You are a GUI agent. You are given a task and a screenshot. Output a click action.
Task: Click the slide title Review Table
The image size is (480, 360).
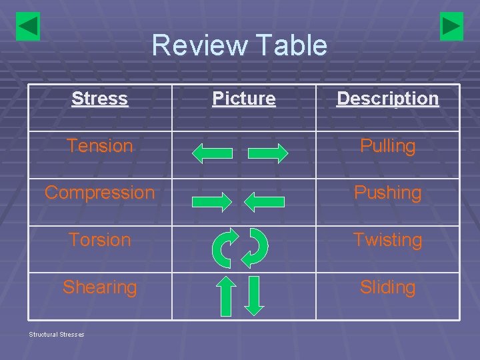coord(239,45)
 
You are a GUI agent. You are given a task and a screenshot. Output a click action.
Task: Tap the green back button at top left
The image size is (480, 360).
coord(28,27)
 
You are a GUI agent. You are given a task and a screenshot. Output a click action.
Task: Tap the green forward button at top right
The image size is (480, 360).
coord(451,27)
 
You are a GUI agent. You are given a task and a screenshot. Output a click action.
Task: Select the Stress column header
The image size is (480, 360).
coord(99,99)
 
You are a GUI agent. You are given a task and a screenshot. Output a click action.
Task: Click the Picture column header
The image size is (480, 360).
coord(244,99)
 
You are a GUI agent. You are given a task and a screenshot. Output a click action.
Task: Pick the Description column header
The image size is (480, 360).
coord(387,99)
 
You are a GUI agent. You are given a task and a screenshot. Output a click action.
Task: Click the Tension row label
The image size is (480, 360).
coord(99,146)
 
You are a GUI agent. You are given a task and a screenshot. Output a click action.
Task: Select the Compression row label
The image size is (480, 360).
coord(99,193)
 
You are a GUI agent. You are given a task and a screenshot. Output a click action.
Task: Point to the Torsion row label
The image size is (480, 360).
coord(99,240)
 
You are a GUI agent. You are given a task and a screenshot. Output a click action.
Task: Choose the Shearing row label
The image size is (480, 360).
coord(99,287)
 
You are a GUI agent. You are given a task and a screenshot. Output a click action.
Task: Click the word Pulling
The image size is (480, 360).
coord(387,146)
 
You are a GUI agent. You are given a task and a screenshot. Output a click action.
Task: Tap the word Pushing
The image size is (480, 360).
coord(387,193)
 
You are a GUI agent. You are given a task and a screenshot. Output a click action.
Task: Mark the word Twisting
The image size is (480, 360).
coord(387,240)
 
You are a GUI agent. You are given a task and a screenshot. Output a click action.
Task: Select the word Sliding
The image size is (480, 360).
coord(387,287)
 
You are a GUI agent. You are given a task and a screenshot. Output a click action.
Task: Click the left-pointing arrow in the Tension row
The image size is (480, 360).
coord(212,153)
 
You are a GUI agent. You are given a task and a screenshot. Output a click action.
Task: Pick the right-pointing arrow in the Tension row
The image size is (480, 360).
coord(268,153)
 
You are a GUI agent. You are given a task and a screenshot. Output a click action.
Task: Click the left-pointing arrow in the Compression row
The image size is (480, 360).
coord(265,201)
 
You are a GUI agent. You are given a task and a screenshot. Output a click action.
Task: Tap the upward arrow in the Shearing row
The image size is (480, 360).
coord(227,296)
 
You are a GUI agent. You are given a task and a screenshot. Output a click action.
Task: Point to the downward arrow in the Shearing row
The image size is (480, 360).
coord(255,296)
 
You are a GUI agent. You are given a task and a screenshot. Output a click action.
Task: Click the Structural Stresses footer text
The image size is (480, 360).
coord(56,334)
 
